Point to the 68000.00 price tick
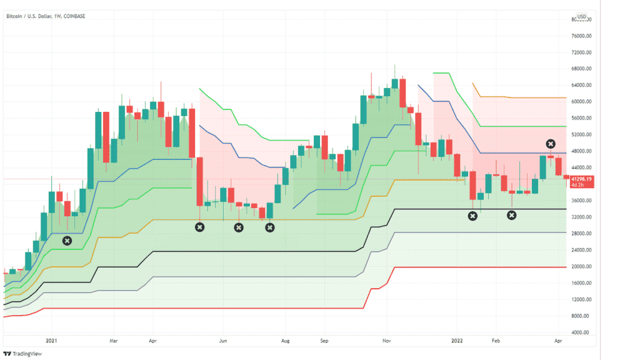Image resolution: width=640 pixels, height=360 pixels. [582, 69]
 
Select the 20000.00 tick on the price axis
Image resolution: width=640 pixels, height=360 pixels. [582, 267]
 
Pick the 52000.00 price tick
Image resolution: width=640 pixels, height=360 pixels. [582, 134]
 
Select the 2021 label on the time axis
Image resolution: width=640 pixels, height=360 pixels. [51, 342]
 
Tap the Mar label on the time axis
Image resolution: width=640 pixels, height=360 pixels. [113, 342]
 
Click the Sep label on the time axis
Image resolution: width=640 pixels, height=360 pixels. [324, 342]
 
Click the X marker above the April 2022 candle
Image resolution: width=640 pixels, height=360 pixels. [551, 144]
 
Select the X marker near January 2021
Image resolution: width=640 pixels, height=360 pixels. [67, 241]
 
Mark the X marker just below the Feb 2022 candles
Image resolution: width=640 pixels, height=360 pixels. [511, 216]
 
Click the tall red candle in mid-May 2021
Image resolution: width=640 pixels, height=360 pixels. [199, 181]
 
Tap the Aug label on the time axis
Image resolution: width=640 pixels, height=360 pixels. [284, 342]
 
